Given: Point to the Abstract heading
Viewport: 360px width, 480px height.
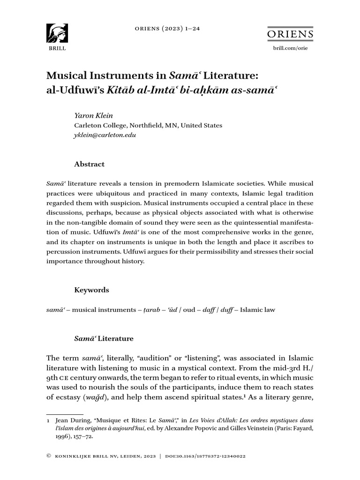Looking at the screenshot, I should click(90, 164).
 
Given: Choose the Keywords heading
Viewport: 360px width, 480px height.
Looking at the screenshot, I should click(92, 290).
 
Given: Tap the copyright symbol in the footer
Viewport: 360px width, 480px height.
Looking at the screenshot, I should click(48, 456).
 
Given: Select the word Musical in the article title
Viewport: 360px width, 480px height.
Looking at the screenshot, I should click(65, 75).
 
